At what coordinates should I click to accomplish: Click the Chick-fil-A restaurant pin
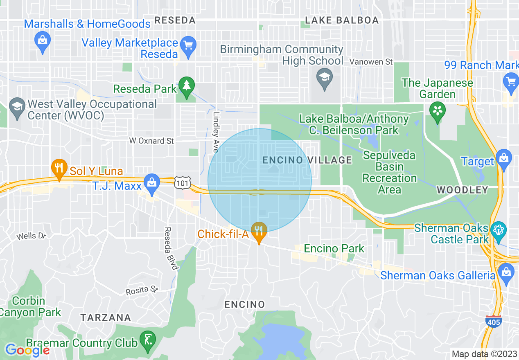point(259,232)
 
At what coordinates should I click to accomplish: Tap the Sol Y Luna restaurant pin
point(59,169)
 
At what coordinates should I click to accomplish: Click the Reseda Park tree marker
point(187,86)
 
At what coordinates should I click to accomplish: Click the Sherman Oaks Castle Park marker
point(499,230)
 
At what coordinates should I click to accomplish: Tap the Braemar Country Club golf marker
point(147,340)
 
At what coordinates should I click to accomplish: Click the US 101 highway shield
point(183,183)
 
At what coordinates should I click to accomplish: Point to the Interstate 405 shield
point(493,322)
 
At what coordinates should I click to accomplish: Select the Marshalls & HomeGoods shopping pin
point(43,42)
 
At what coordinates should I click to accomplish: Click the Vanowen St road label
point(371,62)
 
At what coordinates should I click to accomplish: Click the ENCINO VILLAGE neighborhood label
point(307,160)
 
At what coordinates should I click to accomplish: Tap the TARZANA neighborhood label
point(106,317)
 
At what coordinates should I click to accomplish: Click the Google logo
point(27,350)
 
